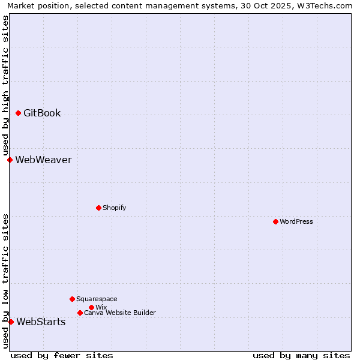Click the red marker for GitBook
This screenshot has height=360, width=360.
[x=18, y=113]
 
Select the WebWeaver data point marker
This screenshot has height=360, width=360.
[x=10, y=160]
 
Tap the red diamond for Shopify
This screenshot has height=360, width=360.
[x=98, y=208]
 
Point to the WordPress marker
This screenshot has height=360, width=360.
[x=275, y=221]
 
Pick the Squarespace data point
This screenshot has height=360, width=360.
[x=72, y=299]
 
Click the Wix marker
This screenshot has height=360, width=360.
[x=91, y=307]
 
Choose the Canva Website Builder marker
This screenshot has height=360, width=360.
[x=80, y=313]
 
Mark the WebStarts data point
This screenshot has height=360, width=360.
[x=11, y=322]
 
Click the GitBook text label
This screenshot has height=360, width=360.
[x=42, y=113]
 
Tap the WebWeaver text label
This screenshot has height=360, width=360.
[x=43, y=160]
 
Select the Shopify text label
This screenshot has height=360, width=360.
[x=114, y=208]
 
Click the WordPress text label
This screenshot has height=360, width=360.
[x=296, y=221]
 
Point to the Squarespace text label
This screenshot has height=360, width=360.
[x=97, y=299]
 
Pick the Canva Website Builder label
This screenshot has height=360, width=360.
[x=120, y=313]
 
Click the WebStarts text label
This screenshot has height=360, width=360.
[x=41, y=322]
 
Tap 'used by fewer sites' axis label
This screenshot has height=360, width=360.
[x=62, y=355]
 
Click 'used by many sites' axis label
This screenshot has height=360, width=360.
[x=301, y=355]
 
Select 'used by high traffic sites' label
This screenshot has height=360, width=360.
[x=5, y=85]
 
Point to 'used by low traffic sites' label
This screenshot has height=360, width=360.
[x=5, y=281]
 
